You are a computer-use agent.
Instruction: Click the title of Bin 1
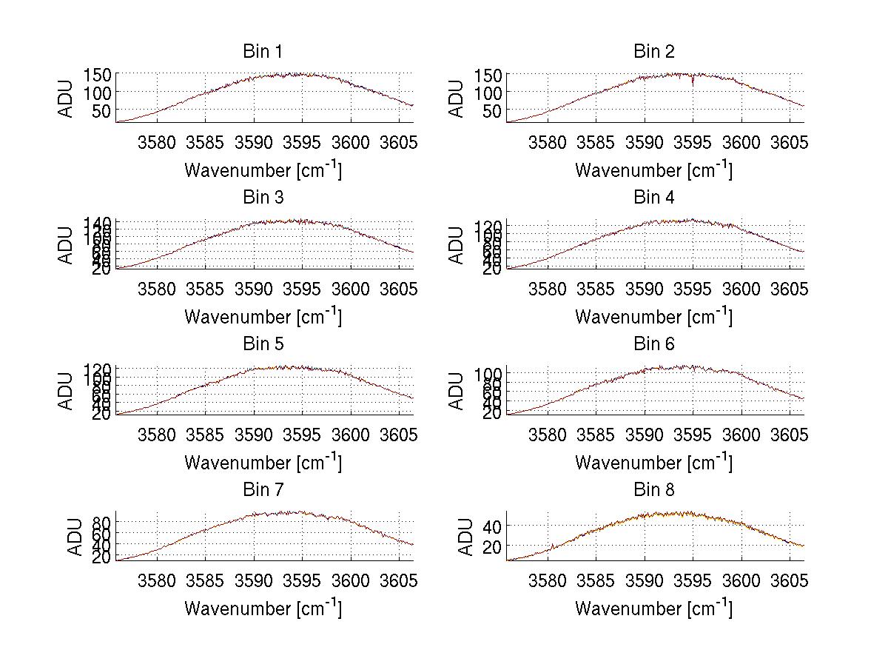click(x=262, y=51)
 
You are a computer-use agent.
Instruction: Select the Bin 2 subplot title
click(x=653, y=51)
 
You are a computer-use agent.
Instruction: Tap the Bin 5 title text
click(x=262, y=343)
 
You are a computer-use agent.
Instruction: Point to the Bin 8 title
click(x=653, y=489)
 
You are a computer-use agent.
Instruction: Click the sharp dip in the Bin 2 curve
click(x=693, y=84)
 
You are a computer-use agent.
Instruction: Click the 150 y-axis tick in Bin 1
click(x=98, y=74)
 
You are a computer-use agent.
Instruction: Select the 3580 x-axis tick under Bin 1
click(x=157, y=143)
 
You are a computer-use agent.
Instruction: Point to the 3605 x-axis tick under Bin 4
click(x=789, y=289)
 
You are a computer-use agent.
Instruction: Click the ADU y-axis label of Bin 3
click(x=67, y=244)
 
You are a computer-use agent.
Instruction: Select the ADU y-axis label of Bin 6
click(x=457, y=390)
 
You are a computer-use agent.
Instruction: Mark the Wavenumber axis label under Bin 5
click(x=263, y=463)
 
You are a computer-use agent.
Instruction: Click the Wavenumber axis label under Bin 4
click(x=653, y=316)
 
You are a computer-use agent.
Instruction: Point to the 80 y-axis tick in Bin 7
click(x=102, y=523)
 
